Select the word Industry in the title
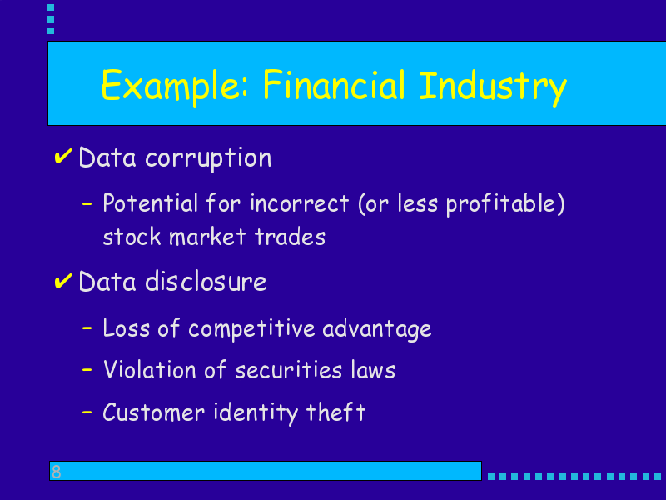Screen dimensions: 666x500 coord(493,87)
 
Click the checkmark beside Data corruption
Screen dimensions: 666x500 coord(63,156)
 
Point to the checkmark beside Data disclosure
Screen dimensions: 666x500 coord(63,281)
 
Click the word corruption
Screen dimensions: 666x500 coord(208,158)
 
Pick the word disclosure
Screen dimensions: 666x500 coord(206,282)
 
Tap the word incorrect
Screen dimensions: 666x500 coord(300,202)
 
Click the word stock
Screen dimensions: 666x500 coord(132,237)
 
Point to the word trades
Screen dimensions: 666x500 coord(290,237)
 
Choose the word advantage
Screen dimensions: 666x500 coord(377,329)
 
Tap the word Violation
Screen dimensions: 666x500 coord(150,369)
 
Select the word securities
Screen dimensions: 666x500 coord(288,369)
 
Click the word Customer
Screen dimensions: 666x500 coord(154,412)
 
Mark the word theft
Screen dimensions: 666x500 coord(335,412)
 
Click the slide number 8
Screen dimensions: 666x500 coord(56,472)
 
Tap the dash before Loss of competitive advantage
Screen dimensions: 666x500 coord(87,328)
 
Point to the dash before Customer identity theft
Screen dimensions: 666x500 coord(87,412)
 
